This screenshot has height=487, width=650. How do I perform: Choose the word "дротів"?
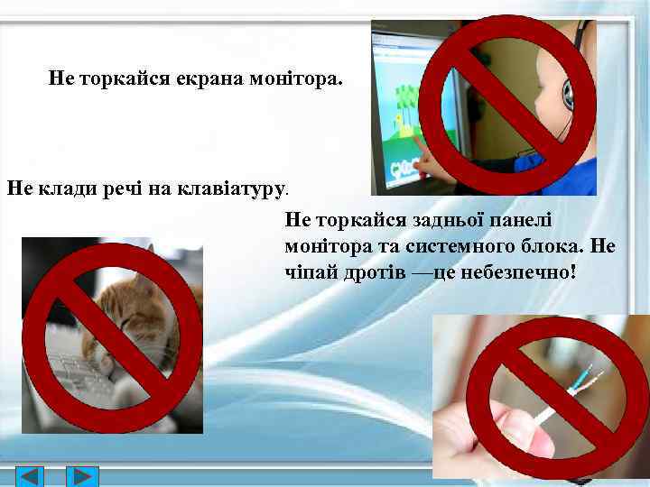(x=369, y=271)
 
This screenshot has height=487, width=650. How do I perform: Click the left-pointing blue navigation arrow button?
(x=31, y=476)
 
